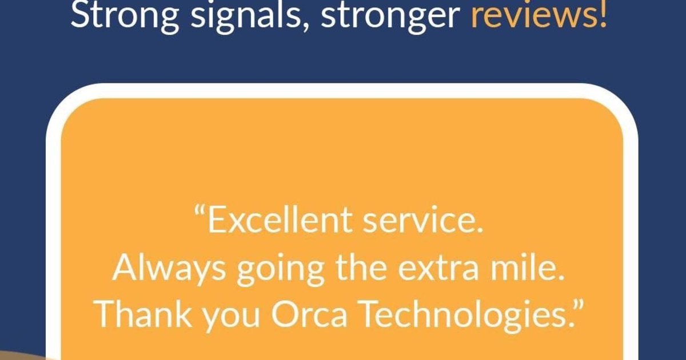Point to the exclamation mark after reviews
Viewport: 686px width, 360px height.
click(x=603, y=14)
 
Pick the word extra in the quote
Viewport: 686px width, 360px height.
click(x=438, y=269)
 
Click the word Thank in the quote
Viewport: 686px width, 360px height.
click(x=144, y=314)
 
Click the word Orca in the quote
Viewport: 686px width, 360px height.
click(x=309, y=314)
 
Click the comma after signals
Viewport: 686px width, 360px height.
click(x=306, y=27)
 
